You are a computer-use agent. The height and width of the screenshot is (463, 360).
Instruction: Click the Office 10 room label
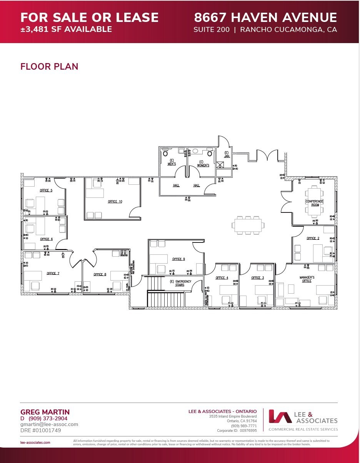[x=115, y=202]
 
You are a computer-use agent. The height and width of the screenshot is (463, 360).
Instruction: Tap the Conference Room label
[x=314, y=203]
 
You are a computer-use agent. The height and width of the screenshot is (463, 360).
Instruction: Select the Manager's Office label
[x=307, y=279]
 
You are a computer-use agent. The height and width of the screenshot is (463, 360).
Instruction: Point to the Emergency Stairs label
[x=180, y=283]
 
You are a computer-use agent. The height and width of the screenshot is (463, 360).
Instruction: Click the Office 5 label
[x=46, y=191]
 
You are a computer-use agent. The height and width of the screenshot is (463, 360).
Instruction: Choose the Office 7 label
[x=53, y=273]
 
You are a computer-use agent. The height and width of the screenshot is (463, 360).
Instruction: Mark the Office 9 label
[x=178, y=259]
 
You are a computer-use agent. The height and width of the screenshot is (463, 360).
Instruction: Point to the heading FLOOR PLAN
[x=49, y=67]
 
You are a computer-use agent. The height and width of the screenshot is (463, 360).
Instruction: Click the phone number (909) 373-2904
[x=48, y=418]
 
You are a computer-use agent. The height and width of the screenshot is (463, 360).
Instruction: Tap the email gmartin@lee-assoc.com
[x=49, y=424]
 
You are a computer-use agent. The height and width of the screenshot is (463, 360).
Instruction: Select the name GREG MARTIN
[x=45, y=412]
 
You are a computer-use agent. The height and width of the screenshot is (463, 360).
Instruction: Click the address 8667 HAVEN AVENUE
[x=265, y=18]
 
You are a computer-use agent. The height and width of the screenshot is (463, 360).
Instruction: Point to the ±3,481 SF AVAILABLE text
[x=66, y=29]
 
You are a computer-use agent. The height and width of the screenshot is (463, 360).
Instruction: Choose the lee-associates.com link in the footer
[x=35, y=443]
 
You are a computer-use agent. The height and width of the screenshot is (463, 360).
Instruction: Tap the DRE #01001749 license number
[x=40, y=430]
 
